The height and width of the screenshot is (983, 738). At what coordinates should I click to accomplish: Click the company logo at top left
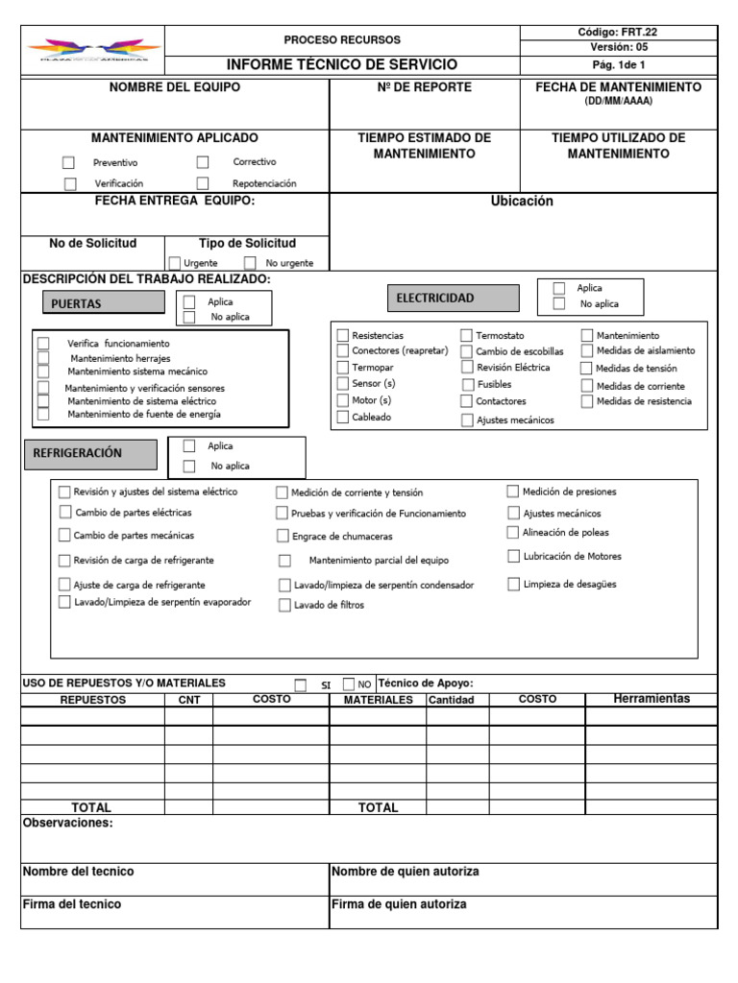(93, 50)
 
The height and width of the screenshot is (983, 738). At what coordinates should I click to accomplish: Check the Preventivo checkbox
(68, 163)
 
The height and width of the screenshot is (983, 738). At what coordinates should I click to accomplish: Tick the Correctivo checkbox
(203, 162)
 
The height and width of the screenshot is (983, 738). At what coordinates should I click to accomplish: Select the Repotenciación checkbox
(203, 183)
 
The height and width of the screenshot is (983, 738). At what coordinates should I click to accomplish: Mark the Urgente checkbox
(174, 263)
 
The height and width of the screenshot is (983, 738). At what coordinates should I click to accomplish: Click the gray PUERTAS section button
(104, 303)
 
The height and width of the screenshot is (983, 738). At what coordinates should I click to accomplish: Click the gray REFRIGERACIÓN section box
(92, 452)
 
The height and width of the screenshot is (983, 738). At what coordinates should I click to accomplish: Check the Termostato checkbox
(466, 335)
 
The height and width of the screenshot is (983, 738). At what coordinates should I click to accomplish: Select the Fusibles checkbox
(466, 384)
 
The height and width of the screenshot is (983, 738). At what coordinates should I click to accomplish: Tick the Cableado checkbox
(342, 418)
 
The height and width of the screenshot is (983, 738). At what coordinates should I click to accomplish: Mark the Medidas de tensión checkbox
(586, 369)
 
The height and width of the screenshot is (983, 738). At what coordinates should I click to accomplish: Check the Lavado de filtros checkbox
(284, 605)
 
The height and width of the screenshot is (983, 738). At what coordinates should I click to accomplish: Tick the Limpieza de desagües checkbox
(514, 584)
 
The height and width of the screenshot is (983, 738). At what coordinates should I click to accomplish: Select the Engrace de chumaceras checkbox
(283, 536)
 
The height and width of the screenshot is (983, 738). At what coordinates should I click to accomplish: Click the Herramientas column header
(651, 699)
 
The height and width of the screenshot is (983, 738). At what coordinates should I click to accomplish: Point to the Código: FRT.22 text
(617, 32)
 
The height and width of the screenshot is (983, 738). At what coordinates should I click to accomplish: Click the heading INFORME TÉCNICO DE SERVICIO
(342, 65)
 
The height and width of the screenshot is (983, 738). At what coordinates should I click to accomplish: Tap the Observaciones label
(67, 823)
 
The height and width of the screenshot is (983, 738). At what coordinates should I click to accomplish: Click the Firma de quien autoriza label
(399, 904)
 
